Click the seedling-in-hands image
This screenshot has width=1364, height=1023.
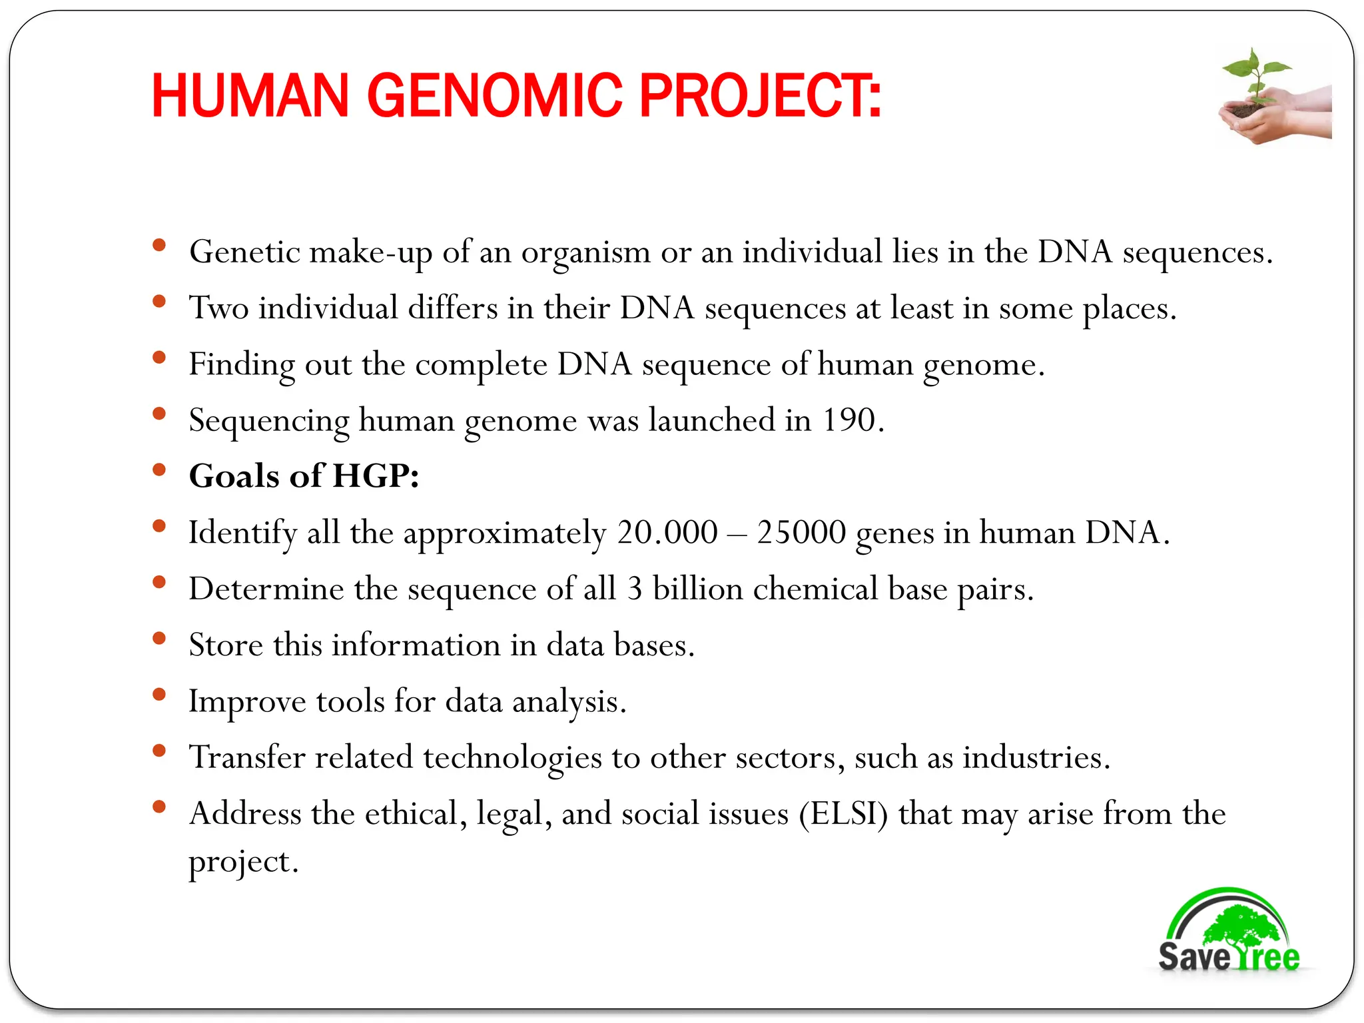[x=1273, y=97]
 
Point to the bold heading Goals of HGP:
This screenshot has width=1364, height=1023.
[x=304, y=476]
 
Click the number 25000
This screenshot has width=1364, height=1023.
[x=801, y=533]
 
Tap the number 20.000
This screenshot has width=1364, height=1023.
[x=667, y=533]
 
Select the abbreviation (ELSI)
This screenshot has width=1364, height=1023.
[x=843, y=814]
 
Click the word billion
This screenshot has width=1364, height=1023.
[x=697, y=589]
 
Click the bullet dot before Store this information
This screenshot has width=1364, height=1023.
[x=159, y=639]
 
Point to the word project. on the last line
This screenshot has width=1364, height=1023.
[x=243, y=862]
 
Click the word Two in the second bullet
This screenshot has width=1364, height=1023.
[x=218, y=308]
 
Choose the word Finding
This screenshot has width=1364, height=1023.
[x=241, y=365]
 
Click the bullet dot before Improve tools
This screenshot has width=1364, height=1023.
[x=159, y=695]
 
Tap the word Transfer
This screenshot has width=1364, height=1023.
[x=246, y=757]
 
